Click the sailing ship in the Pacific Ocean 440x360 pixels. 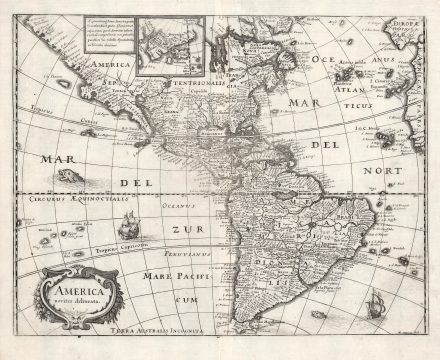[x=126, y=226]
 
